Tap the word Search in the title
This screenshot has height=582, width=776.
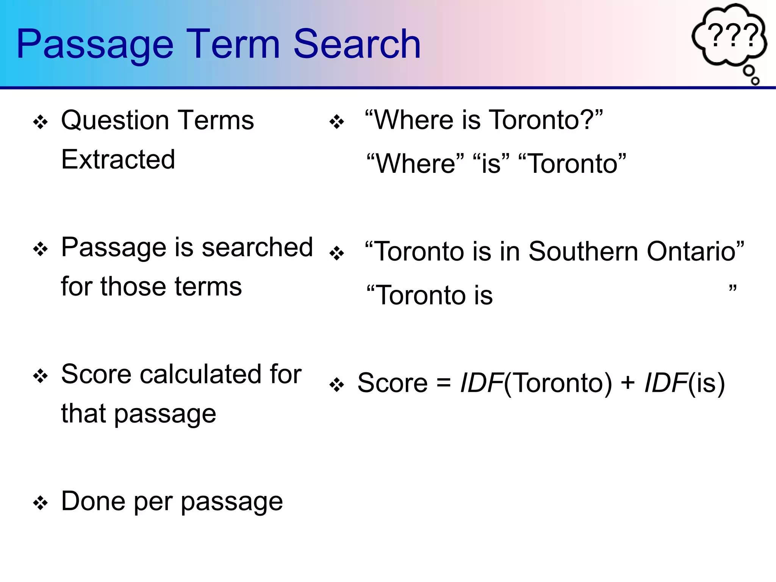pos(357,45)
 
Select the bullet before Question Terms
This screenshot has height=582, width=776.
pos(40,122)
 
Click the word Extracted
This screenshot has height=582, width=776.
pos(118,160)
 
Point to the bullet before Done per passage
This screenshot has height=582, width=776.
pos(40,504)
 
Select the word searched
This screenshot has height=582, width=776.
pos(257,248)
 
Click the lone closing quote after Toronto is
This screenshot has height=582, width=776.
pos(732,289)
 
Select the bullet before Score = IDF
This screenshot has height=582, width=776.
pos(336,385)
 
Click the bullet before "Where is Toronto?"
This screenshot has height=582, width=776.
pos(336,122)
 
